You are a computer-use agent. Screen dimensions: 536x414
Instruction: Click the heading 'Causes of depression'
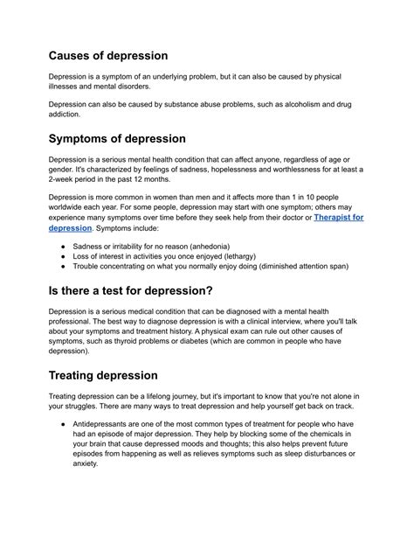click(x=120, y=55)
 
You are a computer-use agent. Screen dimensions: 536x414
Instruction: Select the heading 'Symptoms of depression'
click(x=130, y=138)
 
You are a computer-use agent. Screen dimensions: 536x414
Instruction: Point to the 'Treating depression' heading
click(x=116, y=375)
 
